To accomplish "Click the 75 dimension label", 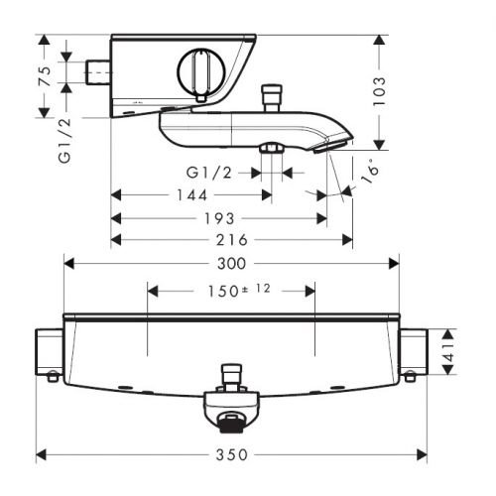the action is point(46,76).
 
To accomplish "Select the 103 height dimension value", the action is point(379,91).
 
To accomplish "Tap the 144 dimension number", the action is point(192,195).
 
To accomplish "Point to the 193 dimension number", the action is point(219,218).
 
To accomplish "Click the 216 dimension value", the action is point(232,240).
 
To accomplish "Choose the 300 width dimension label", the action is point(232,264).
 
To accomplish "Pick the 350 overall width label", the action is point(232,454).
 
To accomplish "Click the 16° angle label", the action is point(369,172).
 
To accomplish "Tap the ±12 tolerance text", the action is point(257,289).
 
